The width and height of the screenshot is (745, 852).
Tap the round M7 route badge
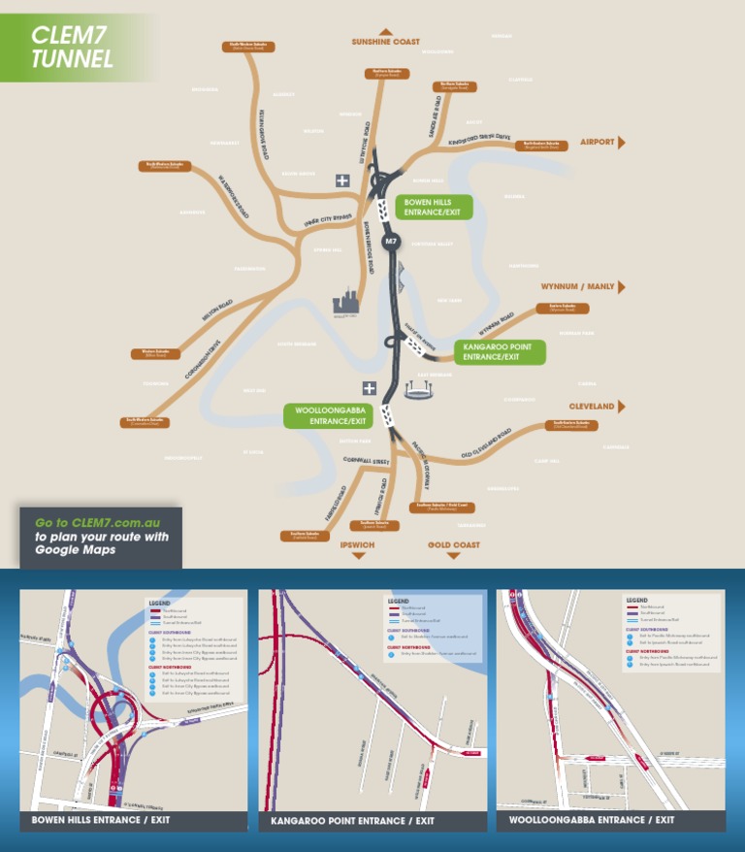coord(391,240)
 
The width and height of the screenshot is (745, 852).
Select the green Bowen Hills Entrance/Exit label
coord(434,207)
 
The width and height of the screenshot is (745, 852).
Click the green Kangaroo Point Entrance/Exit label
coord(500,351)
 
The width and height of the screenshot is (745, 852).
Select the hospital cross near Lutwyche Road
coord(341,180)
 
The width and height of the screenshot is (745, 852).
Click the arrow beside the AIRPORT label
coord(622,143)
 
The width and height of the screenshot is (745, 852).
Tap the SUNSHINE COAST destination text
coord(385,42)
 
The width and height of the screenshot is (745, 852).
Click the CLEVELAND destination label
coord(592,406)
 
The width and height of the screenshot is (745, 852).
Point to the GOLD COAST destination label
coord(453,545)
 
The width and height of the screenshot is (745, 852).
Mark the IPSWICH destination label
coord(357,545)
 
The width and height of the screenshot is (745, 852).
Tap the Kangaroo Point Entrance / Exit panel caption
coord(352,821)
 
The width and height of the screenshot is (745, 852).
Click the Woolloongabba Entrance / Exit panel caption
coord(592,820)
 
